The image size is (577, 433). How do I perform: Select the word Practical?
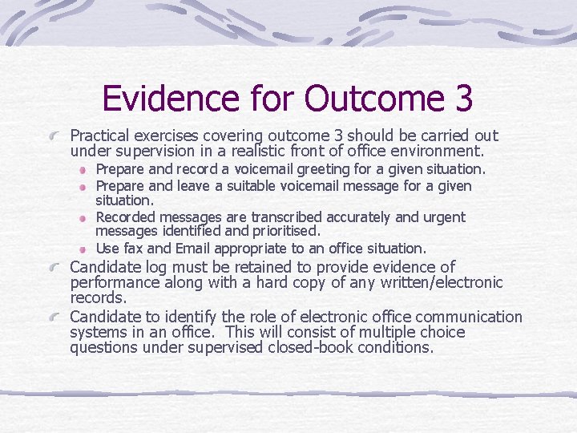(100, 136)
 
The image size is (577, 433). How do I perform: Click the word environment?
(442, 151)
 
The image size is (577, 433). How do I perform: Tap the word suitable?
(250, 185)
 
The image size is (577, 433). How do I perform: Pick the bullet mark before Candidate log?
(59, 268)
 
